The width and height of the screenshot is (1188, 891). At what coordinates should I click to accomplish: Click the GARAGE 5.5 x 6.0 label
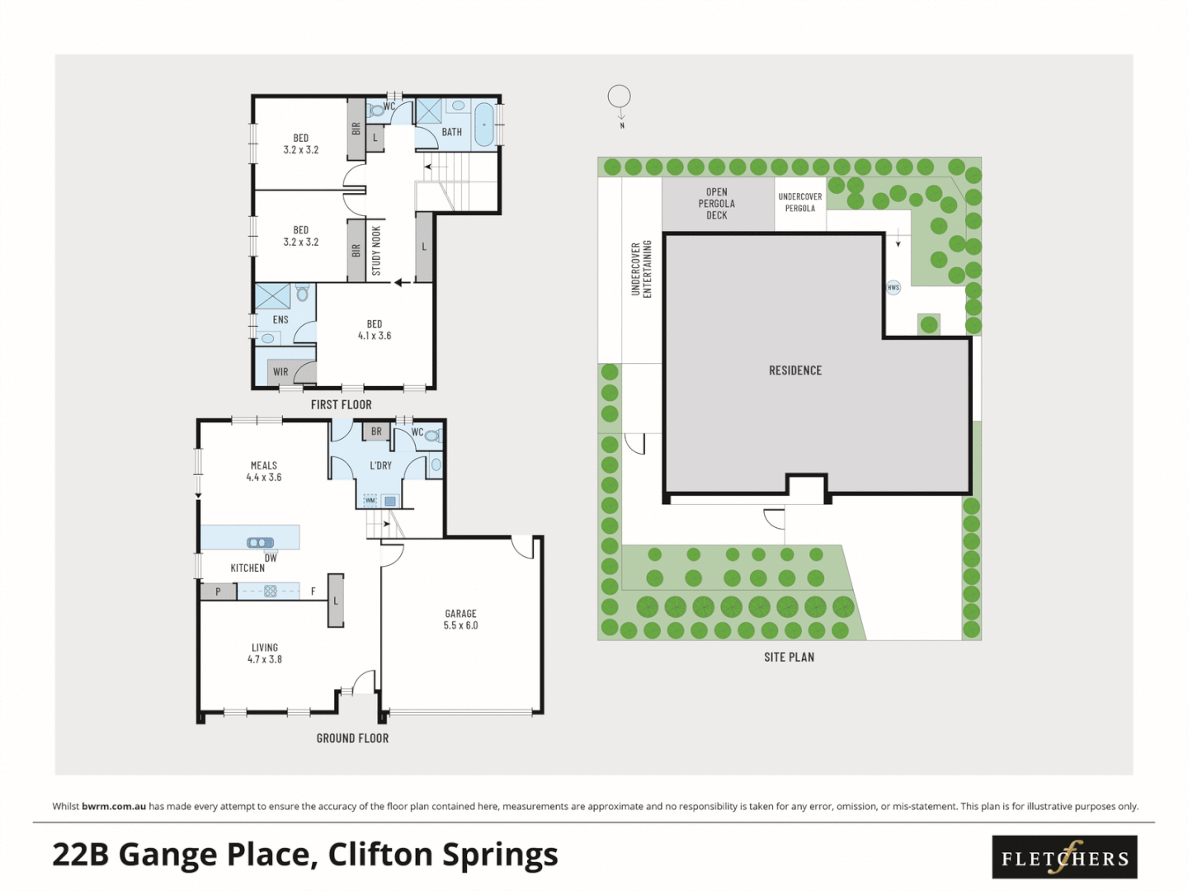click(x=460, y=620)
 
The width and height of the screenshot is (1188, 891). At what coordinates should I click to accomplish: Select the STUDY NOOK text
click(x=376, y=251)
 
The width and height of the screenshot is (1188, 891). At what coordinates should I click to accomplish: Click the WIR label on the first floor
click(x=280, y=372)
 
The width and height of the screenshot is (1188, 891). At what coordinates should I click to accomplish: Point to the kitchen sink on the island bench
click(x=260, y=542)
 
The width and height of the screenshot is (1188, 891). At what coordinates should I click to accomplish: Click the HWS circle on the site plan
click(x=893, y=287)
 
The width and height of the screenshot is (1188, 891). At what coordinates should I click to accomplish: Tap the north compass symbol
click(x=619, y=97)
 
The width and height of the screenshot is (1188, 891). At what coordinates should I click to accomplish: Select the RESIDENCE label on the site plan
click(x=794, y=370)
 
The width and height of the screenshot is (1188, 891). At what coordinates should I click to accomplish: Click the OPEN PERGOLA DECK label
click(x=716, y=204)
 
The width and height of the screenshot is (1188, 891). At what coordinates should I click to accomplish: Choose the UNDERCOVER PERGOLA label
click(x=799, y=202)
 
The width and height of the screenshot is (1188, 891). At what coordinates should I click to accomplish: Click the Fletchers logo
click(x=1064, y=857)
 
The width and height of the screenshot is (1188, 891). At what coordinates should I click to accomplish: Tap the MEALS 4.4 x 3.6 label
click(x=264, y=471)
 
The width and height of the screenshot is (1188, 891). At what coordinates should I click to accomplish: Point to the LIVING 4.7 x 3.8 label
click(x=265, y=653)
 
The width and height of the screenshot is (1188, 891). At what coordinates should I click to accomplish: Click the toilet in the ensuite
click(x=303, y=293)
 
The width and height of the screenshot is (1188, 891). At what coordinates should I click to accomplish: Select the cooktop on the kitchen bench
click(x=270, y=591)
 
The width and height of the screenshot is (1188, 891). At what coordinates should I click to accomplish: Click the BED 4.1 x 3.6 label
click(x=375, y=330)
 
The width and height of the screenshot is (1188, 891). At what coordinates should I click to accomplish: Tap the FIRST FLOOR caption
click(x=341, y=404)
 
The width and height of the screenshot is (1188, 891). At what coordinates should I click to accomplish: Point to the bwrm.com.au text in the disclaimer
click(x=114, y=806)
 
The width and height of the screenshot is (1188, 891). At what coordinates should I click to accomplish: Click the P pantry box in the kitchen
click(x=218, y=592)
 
